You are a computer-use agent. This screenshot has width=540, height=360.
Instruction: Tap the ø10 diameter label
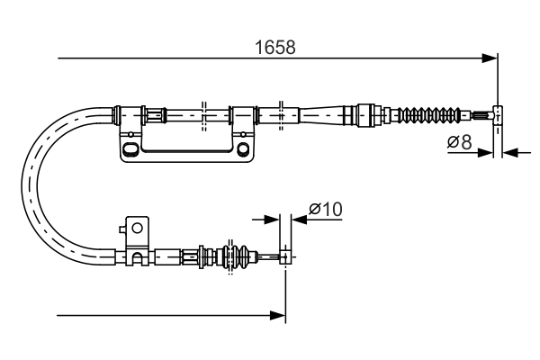click(325, 209)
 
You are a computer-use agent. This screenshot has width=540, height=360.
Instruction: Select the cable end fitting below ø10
click(285, 257)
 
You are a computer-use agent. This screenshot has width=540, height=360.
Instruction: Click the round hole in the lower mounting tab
click(137, 229)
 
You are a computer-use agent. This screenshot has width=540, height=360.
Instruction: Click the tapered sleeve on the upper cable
click(325, 114)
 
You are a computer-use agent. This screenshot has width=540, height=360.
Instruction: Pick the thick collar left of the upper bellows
click(365, 114)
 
